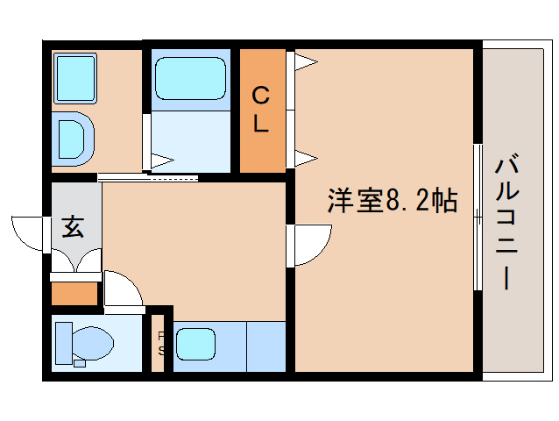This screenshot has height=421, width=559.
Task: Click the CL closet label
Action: click(261, 109)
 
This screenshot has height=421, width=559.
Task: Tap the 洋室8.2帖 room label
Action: click(393, 201)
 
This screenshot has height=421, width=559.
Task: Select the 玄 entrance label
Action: click(73, 227)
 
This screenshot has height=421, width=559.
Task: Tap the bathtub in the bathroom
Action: click(190, 80)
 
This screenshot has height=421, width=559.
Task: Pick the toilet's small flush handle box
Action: click(79, 361)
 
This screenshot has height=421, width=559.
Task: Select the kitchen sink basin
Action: click(195, 344)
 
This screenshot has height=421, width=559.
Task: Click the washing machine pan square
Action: click(77, 77)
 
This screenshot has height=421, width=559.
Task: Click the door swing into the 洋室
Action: click(309, 244)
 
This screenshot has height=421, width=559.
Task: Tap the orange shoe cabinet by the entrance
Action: click(74, 293)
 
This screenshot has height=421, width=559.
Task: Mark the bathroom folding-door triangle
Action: click(162, 161)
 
